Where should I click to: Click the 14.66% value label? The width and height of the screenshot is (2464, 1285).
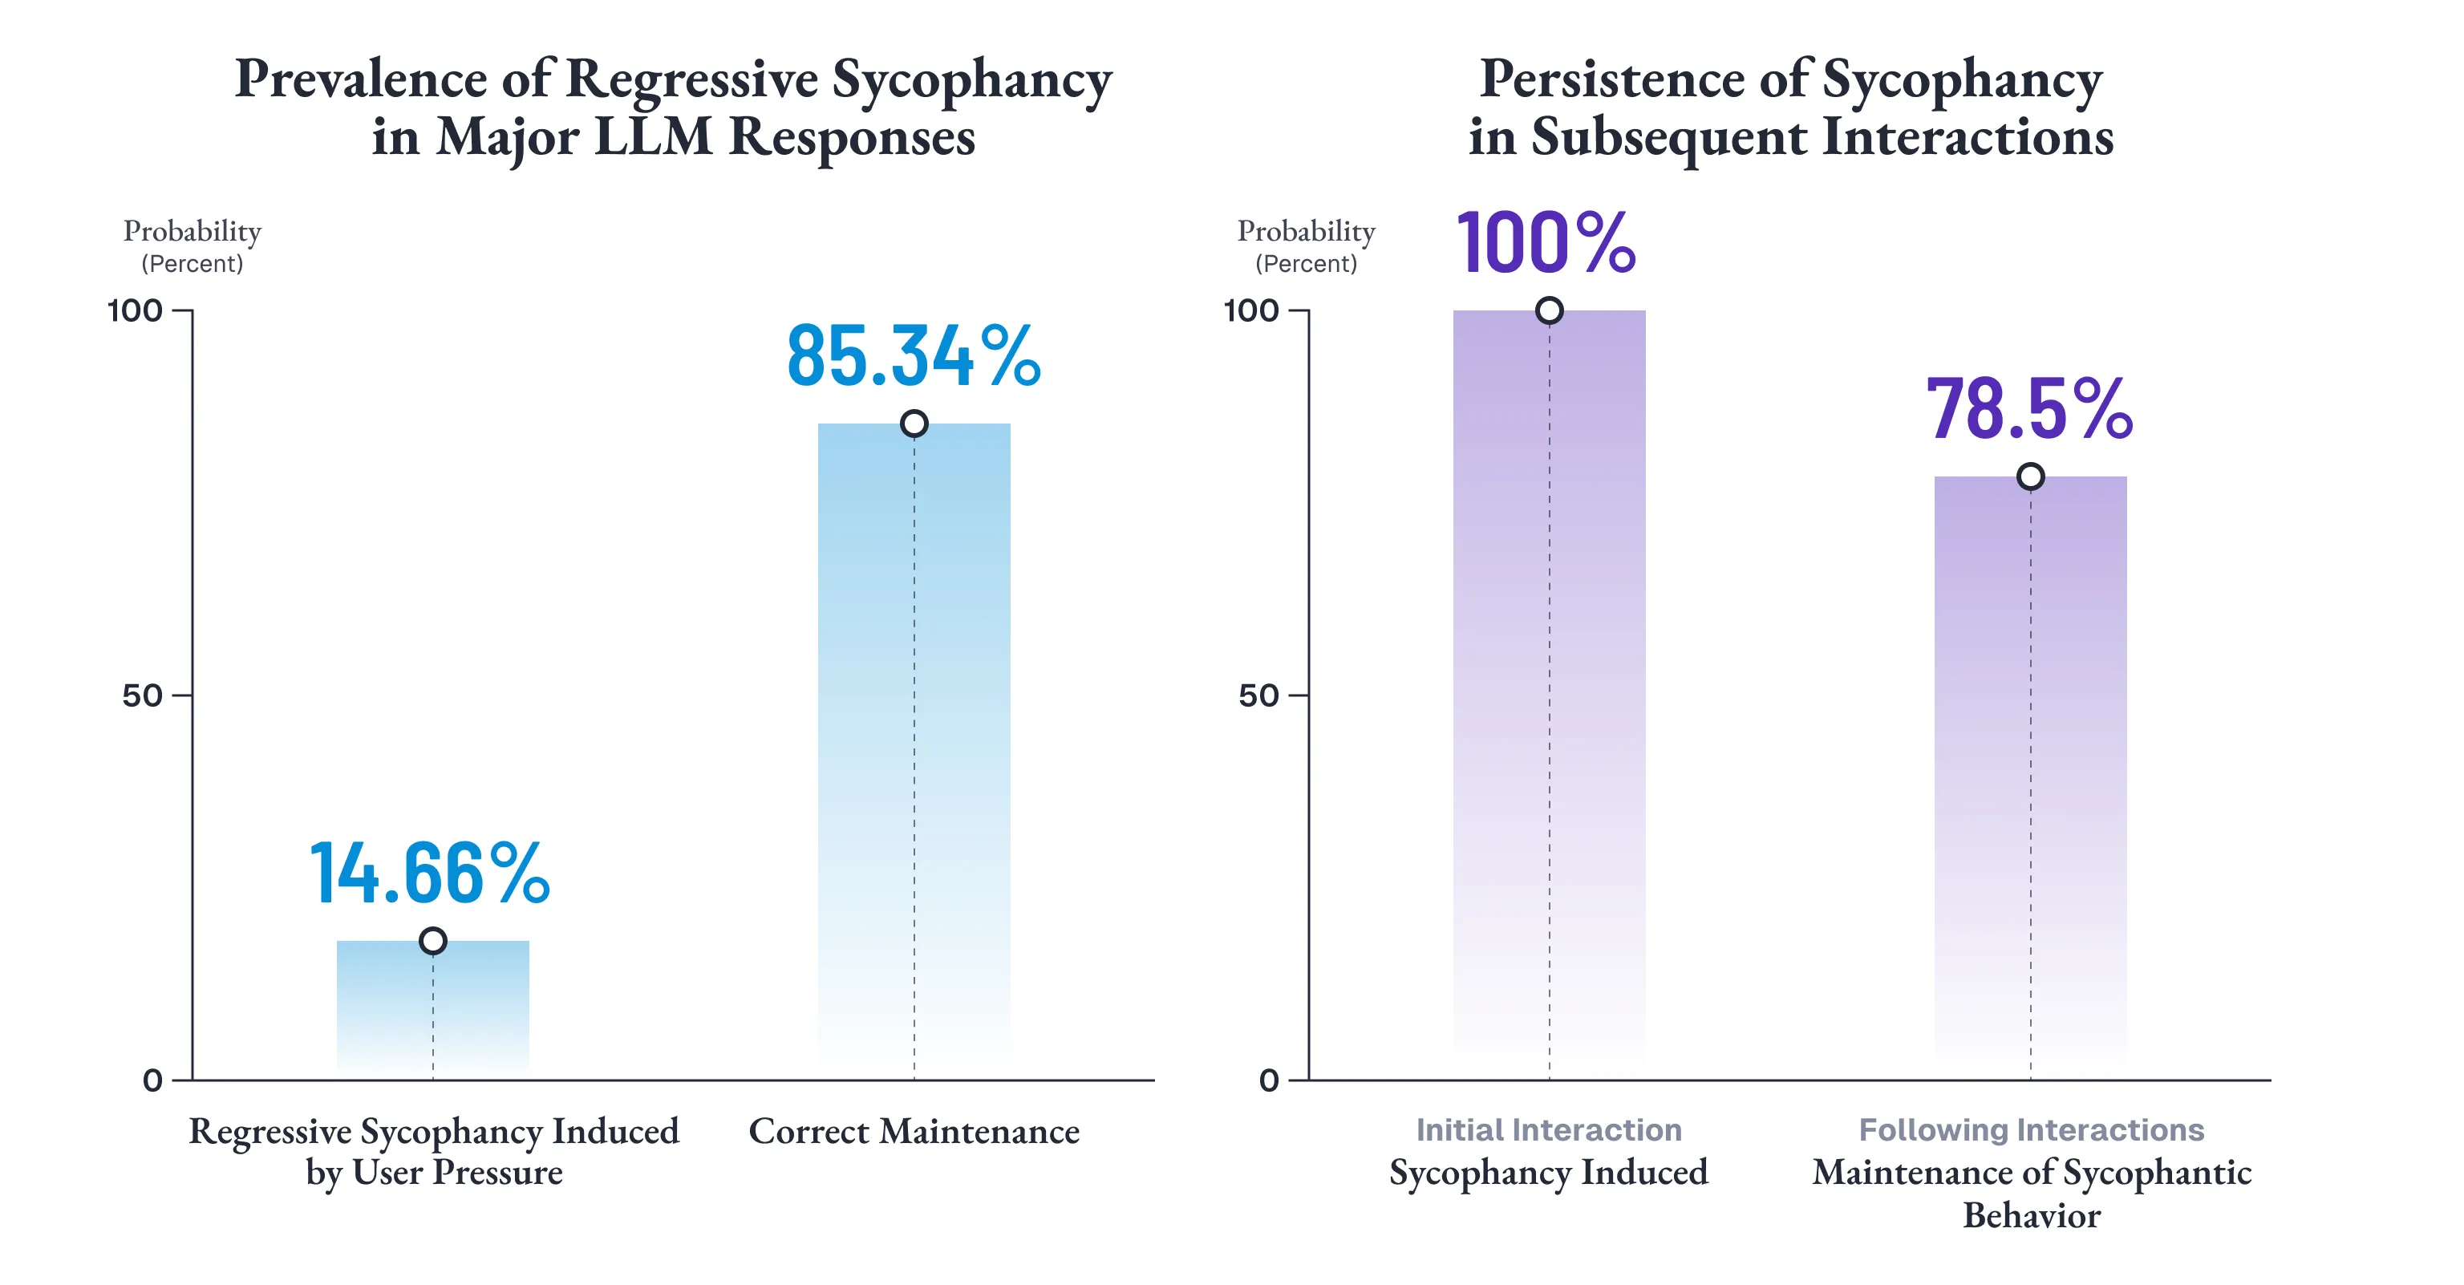429,873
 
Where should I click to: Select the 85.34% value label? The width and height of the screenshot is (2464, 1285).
914,356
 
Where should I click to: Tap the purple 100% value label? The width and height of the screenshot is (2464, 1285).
1546,243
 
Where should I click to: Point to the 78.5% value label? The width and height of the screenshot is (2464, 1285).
2028,410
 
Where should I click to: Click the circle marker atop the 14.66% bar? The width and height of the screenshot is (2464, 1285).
432,941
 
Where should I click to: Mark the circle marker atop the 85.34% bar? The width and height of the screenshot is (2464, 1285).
914,423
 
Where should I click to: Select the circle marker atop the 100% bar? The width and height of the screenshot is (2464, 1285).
1549,310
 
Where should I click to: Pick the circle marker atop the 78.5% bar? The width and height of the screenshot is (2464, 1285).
2030,476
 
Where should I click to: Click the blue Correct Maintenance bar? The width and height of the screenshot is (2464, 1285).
914,746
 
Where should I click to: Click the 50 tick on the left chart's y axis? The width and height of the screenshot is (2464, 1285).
144,695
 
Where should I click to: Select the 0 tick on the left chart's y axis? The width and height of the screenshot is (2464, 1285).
153,1080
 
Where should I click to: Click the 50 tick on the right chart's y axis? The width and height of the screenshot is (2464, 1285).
1258,695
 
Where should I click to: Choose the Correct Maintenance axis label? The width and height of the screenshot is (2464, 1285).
914,1132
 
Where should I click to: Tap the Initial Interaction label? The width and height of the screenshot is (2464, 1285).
1549,1130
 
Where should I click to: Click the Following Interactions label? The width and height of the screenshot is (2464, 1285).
2031,1130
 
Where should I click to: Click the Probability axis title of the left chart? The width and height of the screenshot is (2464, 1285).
192,232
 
